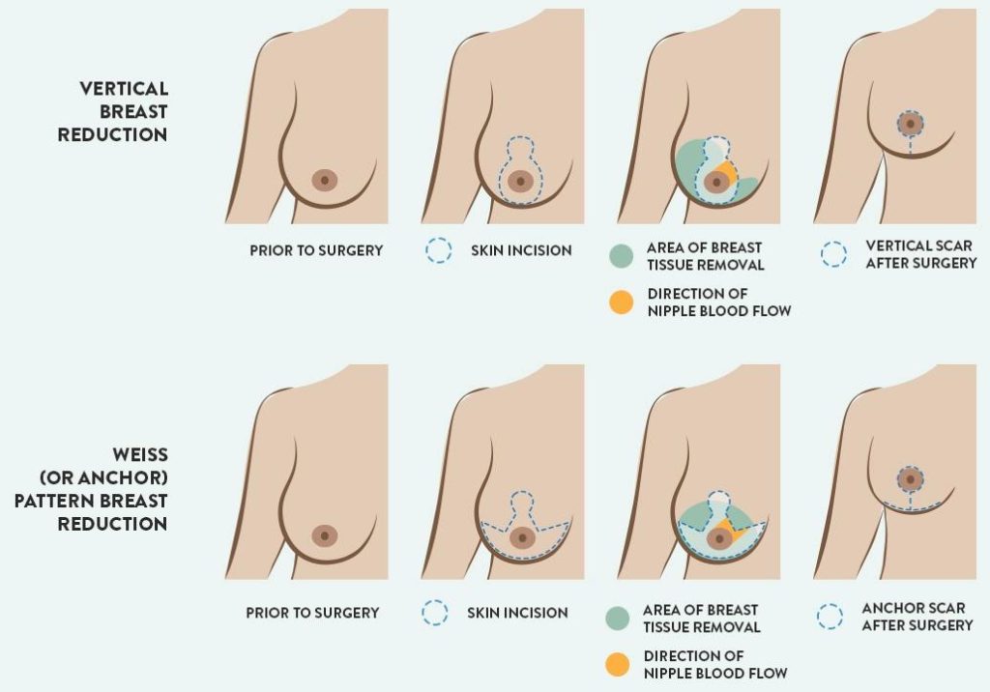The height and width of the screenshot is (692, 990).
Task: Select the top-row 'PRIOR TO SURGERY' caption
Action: pos(316,250)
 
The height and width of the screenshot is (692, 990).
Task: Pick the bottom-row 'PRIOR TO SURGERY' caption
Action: pos(312,613)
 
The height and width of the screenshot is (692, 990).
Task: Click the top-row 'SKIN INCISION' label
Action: pos(521,250)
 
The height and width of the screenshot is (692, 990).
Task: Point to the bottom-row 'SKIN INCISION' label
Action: pos(517,613)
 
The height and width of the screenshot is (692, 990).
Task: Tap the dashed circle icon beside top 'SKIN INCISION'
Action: pos(439,251)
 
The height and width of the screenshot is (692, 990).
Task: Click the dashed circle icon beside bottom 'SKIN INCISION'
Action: pos(435,613)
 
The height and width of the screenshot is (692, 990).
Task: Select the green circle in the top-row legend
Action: pos(623,256)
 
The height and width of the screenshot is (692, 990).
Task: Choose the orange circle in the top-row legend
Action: pos(623,302)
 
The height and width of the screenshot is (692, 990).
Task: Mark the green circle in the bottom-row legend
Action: pos(619,619)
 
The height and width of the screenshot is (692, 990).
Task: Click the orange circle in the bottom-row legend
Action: pos(619,664)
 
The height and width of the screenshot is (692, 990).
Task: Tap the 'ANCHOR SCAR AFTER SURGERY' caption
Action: pos(917,617)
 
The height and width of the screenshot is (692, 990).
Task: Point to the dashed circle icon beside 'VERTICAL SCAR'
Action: pos(833,254)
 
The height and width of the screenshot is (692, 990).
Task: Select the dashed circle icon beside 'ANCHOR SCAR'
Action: pos(830,617)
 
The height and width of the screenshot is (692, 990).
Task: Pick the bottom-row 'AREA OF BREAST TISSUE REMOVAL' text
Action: pos(701,619)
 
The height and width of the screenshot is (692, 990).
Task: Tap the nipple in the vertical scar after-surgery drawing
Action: pos(910,123)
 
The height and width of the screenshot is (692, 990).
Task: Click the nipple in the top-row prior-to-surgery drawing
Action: pos(325,180)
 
